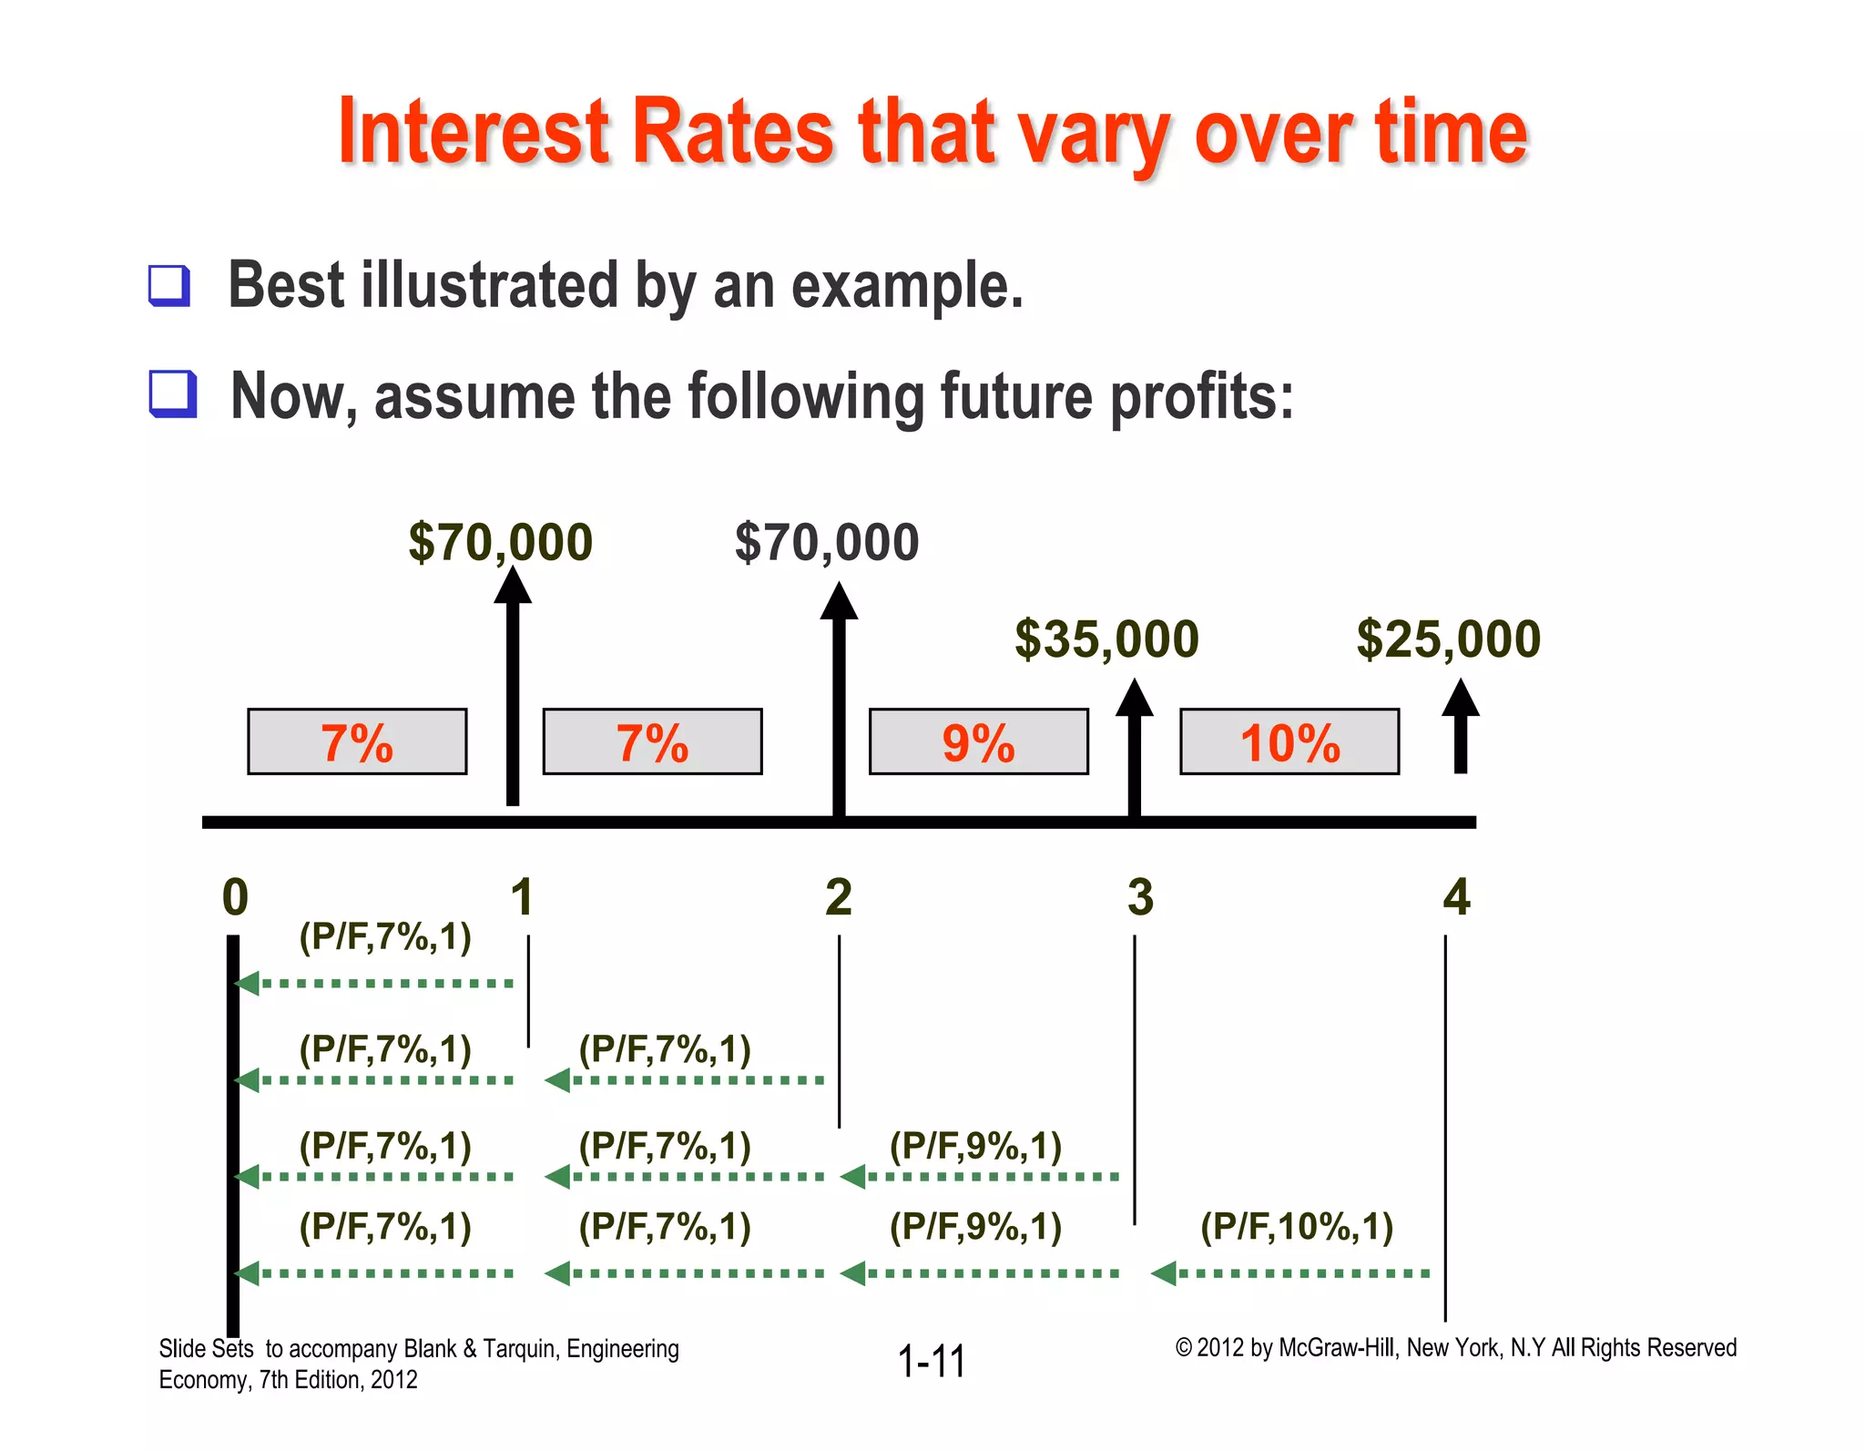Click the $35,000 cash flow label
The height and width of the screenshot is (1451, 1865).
(x=1106, y=639)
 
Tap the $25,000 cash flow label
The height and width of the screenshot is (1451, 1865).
(x=1448, y=639)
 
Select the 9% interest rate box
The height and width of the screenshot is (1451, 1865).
(x=978, y=741)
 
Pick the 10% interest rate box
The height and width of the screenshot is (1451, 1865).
(x=1289, y=741)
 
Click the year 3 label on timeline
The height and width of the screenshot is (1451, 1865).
(x=1140, y=897)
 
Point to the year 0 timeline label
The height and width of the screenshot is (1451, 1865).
(x=235, y=897)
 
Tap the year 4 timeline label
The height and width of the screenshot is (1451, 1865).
(x=1456, y=897)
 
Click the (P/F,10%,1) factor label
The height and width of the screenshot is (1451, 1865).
(x=1297, y=1226)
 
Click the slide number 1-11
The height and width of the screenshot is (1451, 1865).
(x=931, y=1361)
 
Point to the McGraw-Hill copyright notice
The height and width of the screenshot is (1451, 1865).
(x=1455, y=1347)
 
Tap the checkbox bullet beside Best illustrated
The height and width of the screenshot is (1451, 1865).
(x=169, y=285)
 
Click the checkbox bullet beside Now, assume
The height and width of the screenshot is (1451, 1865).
(x=172, y=393)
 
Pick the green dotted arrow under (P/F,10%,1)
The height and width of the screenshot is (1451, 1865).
(x=1290, y=1272)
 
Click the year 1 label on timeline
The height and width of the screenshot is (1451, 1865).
(x=521, y=897)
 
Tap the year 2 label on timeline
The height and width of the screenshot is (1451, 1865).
(x=838, y=897)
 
